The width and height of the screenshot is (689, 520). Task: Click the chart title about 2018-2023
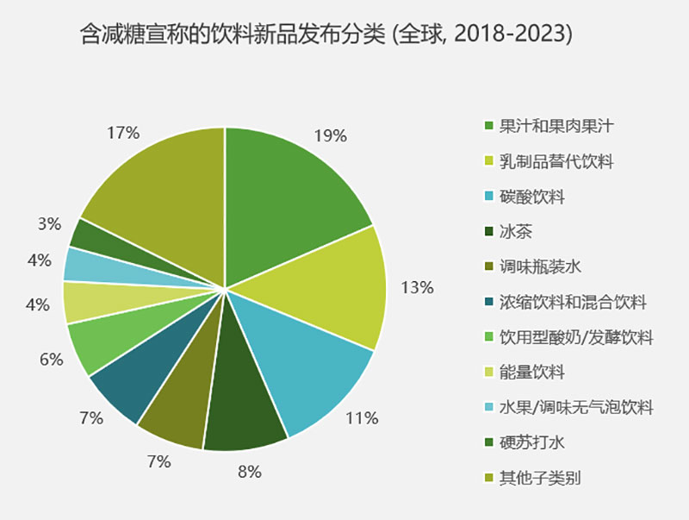326,35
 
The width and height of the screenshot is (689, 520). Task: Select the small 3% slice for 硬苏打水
90,235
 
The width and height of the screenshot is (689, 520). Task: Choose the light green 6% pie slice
99,343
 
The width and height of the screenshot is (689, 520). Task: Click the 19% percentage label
330,135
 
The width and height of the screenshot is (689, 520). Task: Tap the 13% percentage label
417,288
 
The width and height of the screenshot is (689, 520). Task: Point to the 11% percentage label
362,419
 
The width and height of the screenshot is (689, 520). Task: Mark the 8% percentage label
249,472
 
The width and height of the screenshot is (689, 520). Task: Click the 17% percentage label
123,133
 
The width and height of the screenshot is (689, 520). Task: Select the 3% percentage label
50,224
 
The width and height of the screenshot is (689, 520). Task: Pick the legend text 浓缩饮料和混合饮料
573,302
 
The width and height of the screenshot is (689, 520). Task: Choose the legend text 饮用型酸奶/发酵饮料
576,337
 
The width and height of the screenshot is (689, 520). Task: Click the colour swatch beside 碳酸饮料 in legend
489,197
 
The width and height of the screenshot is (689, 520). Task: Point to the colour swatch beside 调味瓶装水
489,267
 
